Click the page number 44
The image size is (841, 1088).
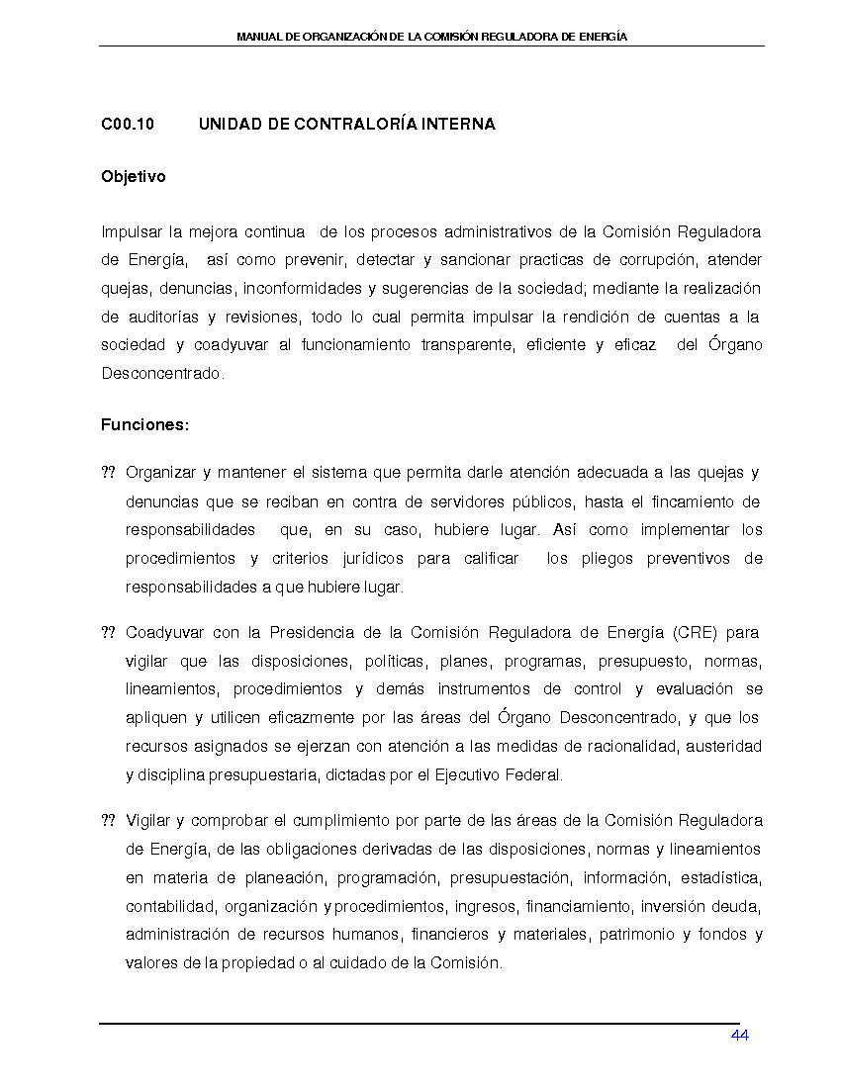click(x=739, y=1036)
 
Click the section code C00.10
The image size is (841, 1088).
click(x=128, y=125)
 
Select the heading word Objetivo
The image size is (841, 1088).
click(x=134, y=177)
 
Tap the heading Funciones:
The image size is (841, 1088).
click(x=144, y=425)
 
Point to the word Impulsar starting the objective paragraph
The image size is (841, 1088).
click(x=132, y=232)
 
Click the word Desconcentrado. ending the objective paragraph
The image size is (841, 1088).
click(x=163, y=374)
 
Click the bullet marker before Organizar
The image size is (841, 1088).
click(x=108, y=473)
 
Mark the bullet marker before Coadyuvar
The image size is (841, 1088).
click(x=108, y=632)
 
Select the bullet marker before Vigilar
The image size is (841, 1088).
click(x=108, y=821)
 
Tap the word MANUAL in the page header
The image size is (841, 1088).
click(x=258, y=37)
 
